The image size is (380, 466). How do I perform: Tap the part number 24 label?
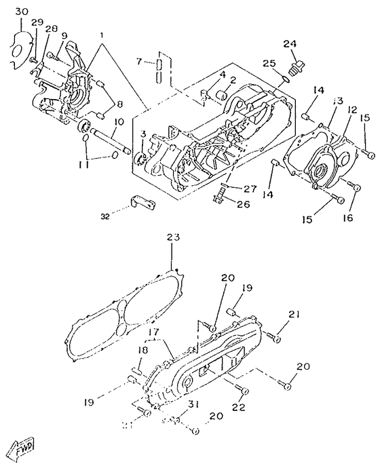(290, 44)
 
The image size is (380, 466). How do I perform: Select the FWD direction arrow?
(22, 448)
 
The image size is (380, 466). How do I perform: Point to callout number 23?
(172, 237)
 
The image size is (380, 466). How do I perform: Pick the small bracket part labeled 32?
(140, 202)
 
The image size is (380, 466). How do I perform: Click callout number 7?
(139, 62)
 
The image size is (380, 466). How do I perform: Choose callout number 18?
(143, 350)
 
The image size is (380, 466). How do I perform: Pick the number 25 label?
(269, 63)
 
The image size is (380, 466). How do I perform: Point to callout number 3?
(143, 134)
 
